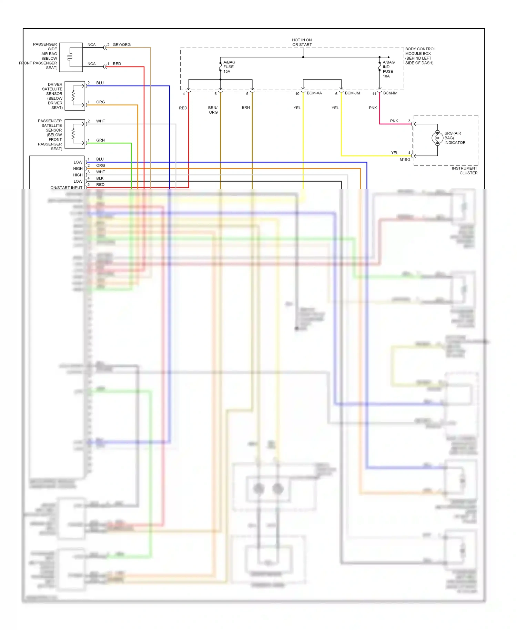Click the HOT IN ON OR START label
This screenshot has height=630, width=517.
pyautogui.click(x=302, y=42)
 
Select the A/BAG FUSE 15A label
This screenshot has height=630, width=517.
pyautogui.click(x=229, y=67)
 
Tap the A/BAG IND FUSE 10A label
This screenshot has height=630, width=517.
pyautogui.click(x=388, y=69)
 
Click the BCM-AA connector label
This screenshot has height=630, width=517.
pyautogui.click(x=314, y=93)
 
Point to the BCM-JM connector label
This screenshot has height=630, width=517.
pyautogui.click(x=352, y=93)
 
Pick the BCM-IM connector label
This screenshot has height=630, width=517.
pyautogui.click(x=390, y=93)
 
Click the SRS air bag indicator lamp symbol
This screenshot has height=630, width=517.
pyautogui.click(x=437, y=138)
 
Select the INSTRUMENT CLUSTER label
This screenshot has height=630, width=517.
pyautogui.click(x=465, y=171)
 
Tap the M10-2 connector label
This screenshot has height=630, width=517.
pyautogui.click(x=405, y=160)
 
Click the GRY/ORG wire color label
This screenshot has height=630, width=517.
pyautogui.click(x=122, y=44)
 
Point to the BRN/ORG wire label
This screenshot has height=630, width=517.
pyautogui.click(x=213, y=110)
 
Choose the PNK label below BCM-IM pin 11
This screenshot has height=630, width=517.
pyautogui.click(x=373, y=108)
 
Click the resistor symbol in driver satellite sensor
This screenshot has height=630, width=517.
pyautogui.click(x=73, y=96)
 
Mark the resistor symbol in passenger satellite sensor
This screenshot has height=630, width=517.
pyautogui.click(x=73, y=134)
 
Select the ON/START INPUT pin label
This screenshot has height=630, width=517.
pyautogui.click(x=66, y=187)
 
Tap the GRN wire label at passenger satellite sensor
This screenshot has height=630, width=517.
pyautogui.click(x=100, y=140)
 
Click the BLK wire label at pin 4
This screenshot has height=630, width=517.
pyautogui.click(x=100, y=178)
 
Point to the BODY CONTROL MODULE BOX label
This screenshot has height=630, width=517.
pyautogui.click(x=420, y=56)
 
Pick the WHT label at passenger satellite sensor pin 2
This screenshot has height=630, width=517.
pyautogui.click(x=100, y=121)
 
